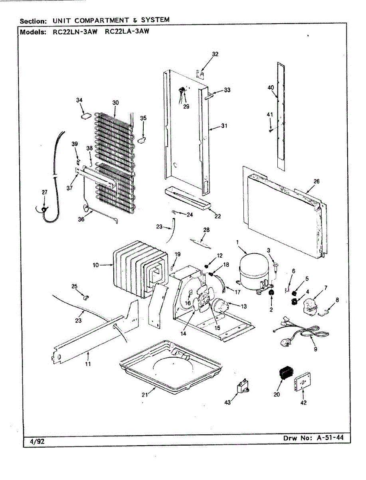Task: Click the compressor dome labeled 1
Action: tap(254, 272)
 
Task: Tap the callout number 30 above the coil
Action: tap(115, 102)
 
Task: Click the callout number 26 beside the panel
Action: tap(316, 181)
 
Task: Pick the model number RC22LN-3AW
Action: tap(75, 32)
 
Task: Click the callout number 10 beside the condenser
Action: tap(96, 265)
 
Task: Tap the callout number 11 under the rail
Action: tap(88, 364)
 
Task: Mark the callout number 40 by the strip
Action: tap(271, 88)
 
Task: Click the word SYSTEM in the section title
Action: tap(155, 20)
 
